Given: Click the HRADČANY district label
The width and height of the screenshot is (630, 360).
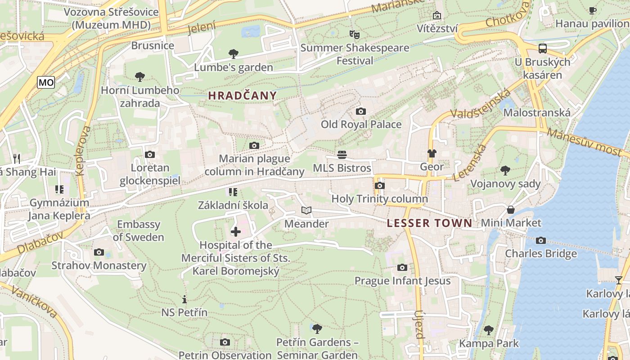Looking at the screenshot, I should pos(242,95).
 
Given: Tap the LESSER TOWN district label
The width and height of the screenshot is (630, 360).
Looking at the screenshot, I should pos(429,223).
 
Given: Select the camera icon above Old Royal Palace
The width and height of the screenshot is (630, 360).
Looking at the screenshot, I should pos(360,111).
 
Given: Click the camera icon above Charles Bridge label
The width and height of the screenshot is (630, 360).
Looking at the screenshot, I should pos(541,240).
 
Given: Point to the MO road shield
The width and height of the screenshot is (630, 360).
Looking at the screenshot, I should pos(46,82).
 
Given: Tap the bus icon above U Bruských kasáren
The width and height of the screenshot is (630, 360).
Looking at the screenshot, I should pos(543,48).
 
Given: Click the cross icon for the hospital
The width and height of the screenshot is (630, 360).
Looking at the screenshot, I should pos(236,232).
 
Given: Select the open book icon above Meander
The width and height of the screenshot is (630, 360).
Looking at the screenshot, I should pos(306,210).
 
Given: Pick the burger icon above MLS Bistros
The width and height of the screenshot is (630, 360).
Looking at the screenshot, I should pos(342,155).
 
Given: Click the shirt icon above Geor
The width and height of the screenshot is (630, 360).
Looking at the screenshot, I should pos(432,153).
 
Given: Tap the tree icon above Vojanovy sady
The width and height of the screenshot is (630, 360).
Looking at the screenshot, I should pos(505,170).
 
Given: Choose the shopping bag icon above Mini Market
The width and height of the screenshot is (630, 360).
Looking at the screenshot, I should pos(511,210).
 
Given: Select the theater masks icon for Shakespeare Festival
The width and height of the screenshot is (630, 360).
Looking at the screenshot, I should pos(355,34).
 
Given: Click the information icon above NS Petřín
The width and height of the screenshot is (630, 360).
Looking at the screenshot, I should pos(184,299).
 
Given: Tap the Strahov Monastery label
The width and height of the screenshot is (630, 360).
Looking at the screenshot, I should pos(99,265).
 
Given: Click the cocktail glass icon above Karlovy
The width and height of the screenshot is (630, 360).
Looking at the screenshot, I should pos(619,280).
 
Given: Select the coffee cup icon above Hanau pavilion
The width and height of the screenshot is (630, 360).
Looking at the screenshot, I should pos(593,10).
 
